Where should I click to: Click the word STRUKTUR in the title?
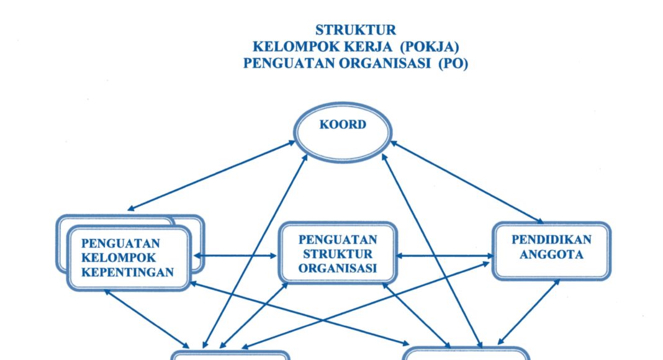[x=355, y=30]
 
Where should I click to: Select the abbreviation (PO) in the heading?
[x=453, y=63]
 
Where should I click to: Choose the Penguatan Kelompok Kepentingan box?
[x=129, y=258]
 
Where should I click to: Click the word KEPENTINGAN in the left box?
[x=128, y=272]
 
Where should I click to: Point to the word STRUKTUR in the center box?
[x=338, y=254]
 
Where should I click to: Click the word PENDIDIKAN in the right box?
[x=551, y=239]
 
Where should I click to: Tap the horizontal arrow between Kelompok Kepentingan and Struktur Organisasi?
[x=235, y=255]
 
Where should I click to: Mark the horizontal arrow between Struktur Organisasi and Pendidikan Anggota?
[x=444, y=255]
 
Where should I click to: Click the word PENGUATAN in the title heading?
[x=284, y=63]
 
